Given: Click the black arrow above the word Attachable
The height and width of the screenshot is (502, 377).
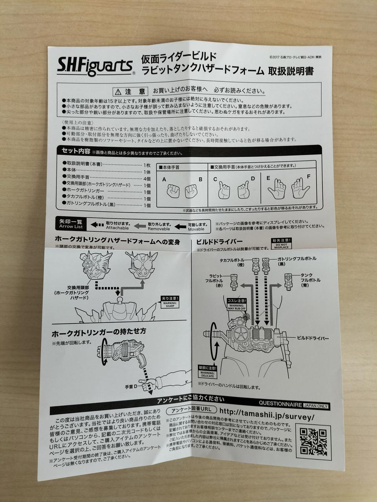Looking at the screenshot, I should pos(98,225).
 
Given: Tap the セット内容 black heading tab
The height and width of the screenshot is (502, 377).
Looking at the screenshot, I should pos(75,151).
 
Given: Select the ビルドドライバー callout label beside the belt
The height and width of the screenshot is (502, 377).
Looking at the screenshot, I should pos(313,337).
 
